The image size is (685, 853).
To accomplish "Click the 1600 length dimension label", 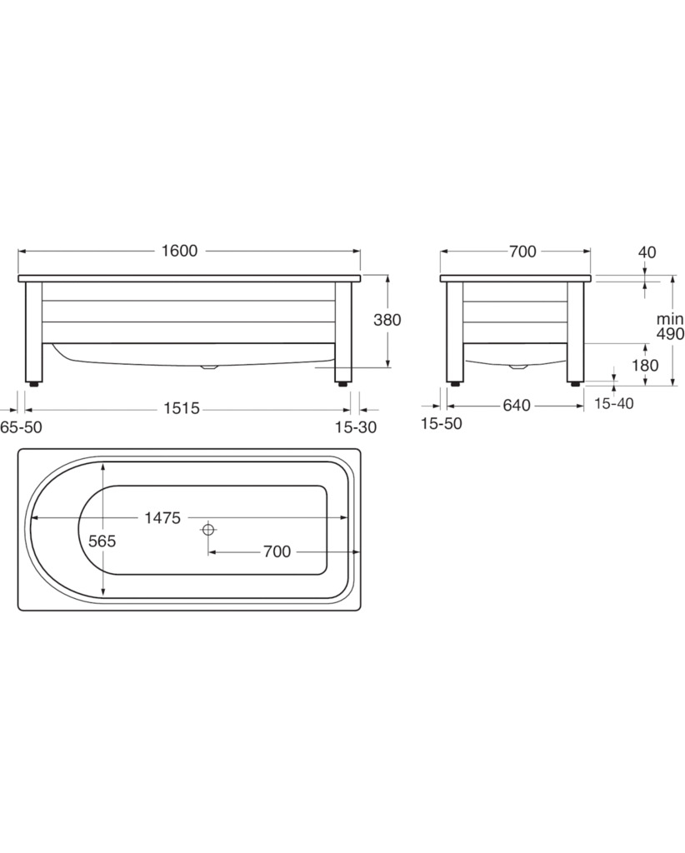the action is [x=179, y=251].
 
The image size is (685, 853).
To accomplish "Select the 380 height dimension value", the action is [x=387, y=319].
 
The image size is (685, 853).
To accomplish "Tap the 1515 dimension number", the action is [x=182, y=407].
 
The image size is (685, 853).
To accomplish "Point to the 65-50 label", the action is [x=21, y=427].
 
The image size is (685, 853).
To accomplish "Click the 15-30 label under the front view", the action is [x=356, y=427].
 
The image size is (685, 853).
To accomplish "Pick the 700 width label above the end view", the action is [x=522, y=252].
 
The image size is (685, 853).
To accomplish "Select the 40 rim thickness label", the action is [x=647, y=252].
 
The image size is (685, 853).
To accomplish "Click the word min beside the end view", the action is [x=670, y=319].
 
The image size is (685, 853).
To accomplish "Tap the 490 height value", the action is [x=670, y=334].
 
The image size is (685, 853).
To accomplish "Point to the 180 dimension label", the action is [x=645, y=365].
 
